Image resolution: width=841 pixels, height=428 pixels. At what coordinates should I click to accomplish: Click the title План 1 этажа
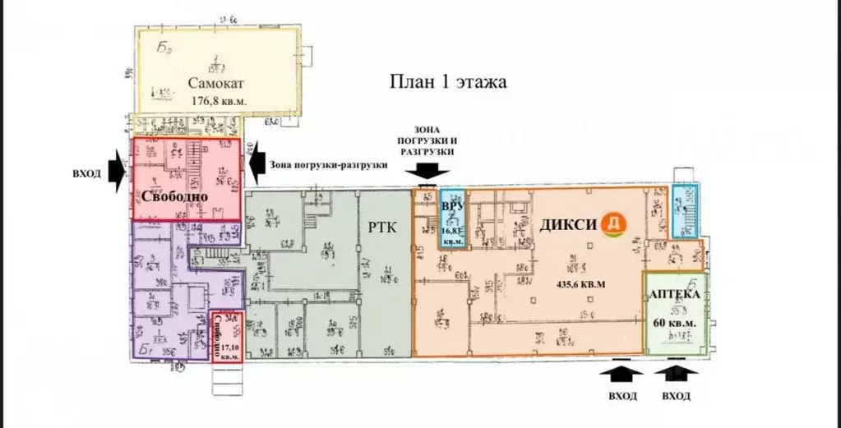click(447, 82)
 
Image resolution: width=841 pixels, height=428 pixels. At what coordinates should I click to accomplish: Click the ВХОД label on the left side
click(87, 173)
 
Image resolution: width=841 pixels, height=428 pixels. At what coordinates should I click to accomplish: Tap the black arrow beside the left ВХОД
click(117, 170)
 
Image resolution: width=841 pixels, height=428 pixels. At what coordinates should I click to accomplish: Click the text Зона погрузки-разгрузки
click(328, 164)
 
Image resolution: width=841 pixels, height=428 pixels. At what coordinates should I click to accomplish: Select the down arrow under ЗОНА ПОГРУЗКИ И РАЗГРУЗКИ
click(430, 171)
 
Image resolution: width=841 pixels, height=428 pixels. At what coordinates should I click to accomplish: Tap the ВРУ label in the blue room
click(451, 206)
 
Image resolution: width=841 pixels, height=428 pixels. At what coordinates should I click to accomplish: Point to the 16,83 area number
click(452, 232)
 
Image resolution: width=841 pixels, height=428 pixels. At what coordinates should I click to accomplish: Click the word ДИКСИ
click(568, 223)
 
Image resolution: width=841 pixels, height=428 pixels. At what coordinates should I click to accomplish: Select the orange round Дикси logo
click(612, 223)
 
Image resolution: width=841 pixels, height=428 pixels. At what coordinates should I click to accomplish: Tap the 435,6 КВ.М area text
click(581, 283)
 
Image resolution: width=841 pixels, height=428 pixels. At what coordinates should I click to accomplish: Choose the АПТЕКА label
click(674, 294)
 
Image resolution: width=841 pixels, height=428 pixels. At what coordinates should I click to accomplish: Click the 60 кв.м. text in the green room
click(674, 321)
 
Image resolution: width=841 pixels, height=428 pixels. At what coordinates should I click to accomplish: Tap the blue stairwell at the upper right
click(684, 210)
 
